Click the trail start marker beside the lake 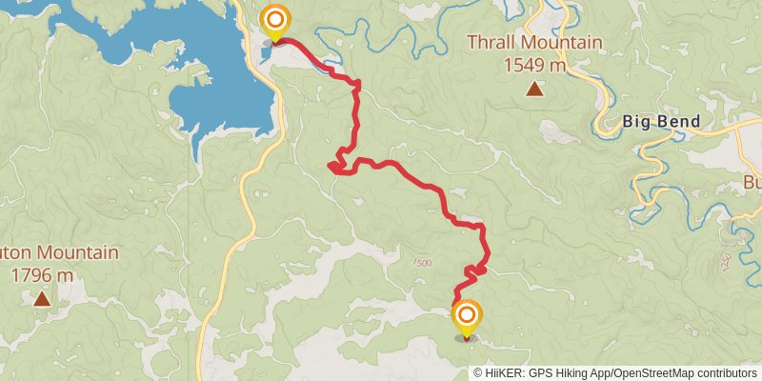[x=275, y=21]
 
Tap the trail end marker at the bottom [x=467, y=317]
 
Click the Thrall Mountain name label [x=533, y=43]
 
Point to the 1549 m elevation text [x=533, y=66]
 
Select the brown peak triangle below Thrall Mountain [x=535, y=90]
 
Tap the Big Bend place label [x=661, y=121]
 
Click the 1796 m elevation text [x=42, y=275]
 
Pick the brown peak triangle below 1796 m [x=42, y=299]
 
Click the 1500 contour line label [x=422, y=263]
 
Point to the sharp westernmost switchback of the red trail [x=330, y=167]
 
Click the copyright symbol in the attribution [x=478, y=373]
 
